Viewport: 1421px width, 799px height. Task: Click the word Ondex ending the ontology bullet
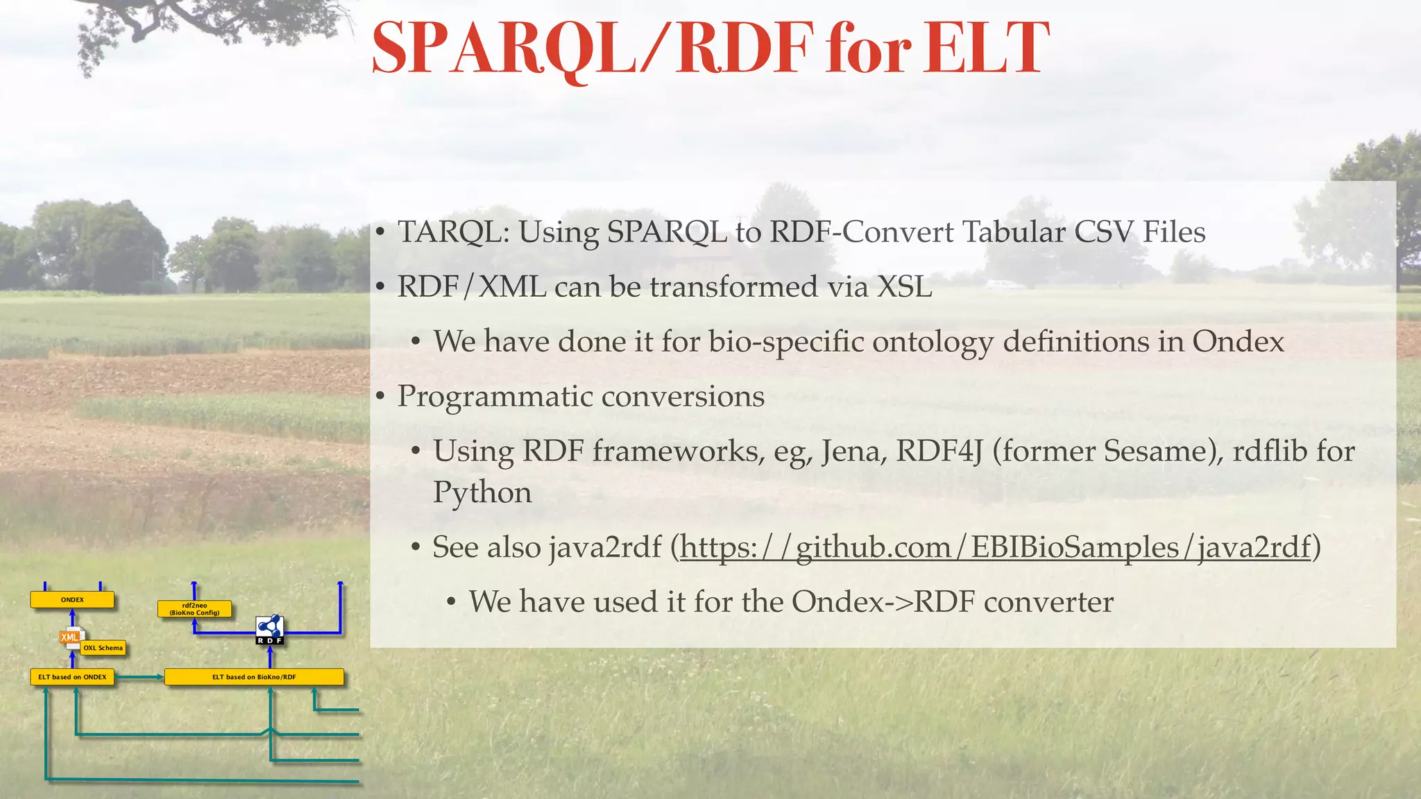pos(1238,342)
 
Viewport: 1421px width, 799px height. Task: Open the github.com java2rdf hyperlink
pos(996,548)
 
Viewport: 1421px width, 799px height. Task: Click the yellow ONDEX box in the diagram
pos(72,600)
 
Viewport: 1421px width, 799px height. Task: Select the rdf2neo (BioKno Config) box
pos(194,610)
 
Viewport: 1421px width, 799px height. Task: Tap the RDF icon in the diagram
pos(270,629)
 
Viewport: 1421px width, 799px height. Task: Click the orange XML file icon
pos(70,637)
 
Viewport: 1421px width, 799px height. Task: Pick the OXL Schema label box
pos(103,648)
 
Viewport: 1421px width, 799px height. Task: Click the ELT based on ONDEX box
pos(72,677)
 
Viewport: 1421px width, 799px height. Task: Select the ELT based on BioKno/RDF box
pos(254,677)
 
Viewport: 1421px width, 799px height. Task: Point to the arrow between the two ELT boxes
pos(139,677)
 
